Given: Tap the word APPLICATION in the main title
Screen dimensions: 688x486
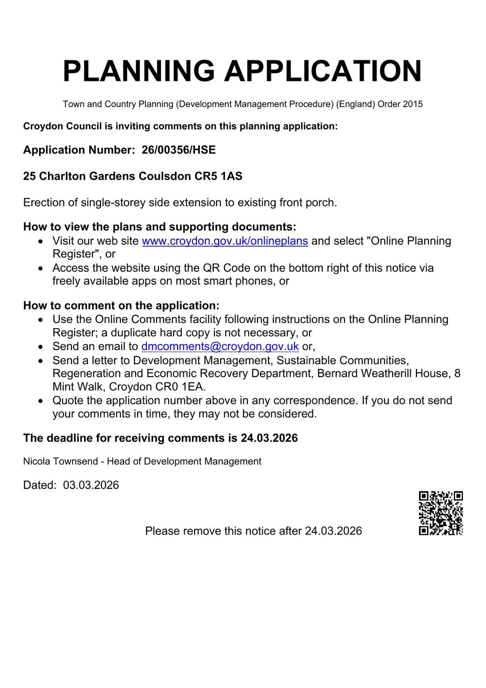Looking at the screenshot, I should coord(323,71).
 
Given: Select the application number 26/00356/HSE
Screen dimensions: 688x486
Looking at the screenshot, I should coord(178,150).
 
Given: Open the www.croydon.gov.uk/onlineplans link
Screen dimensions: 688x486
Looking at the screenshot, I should coord(225,241).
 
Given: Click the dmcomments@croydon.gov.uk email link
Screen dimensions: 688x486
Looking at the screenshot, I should coord(220,347).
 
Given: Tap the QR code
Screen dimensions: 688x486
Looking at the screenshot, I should coord(440,513).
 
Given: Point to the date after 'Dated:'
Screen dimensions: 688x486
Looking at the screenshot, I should coord(91,485).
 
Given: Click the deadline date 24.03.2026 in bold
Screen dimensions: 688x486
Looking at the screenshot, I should coord(269,438).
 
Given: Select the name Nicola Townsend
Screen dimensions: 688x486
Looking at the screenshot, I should coord(60,461).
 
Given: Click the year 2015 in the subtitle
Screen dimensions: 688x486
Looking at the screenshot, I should coord(413,104).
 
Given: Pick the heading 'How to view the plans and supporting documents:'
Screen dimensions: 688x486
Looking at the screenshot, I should coord(159,227).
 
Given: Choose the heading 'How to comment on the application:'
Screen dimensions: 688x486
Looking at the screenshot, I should coord(121,306).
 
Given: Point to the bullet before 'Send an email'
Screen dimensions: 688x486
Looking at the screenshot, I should coord(40,347).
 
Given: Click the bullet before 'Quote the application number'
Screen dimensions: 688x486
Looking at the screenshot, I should coord(40,401).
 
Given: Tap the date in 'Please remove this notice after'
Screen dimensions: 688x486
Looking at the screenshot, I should coord(333,531).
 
